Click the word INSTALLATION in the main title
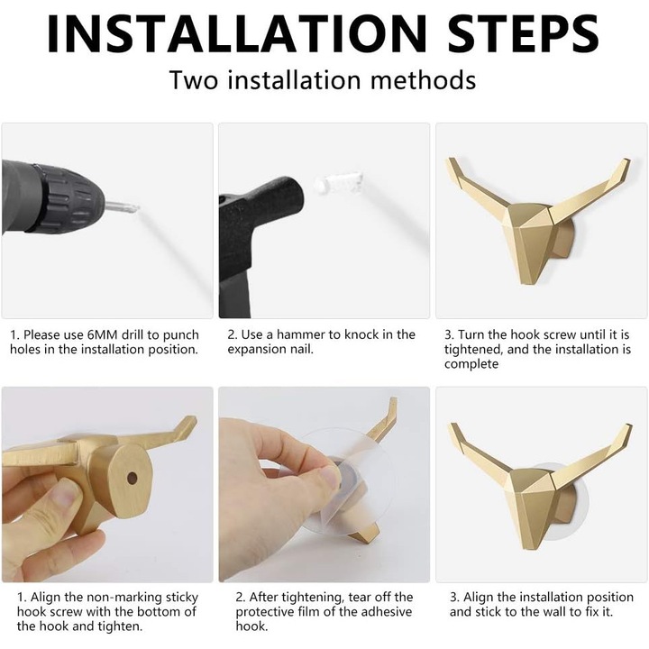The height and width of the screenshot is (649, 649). (237, 33)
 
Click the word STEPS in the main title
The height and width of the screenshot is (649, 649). (523, 33)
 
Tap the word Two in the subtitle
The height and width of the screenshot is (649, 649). (194, 80)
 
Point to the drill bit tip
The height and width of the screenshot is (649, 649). (137, 207)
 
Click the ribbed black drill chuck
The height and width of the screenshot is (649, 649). (66, 198)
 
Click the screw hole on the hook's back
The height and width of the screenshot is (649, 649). (132, 478)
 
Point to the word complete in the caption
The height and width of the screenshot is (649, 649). (471, 365)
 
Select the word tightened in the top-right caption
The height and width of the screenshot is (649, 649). (474, 350)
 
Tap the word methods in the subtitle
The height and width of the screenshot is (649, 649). (423, 80)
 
